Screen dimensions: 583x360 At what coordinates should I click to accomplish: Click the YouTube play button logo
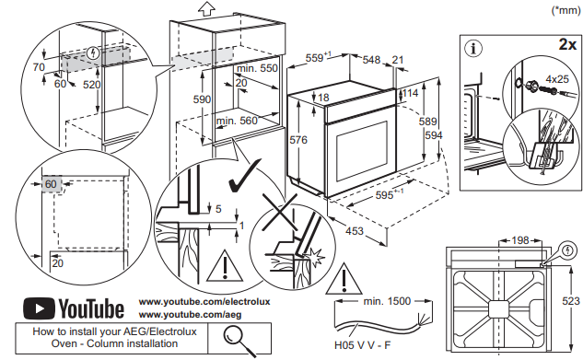(x=39, y=308)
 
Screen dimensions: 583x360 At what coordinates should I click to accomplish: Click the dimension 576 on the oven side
(x=298, y=140)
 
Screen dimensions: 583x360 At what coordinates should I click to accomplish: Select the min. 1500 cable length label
(x=387, y=300)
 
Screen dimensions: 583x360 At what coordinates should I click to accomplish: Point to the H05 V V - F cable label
(x=363, y=345)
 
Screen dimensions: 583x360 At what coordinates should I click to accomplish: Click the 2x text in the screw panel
(x=567, y=44)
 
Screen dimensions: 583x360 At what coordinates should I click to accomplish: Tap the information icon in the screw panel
(x=473, y=49)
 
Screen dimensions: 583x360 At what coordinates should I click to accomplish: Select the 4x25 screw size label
(x=557, y=79)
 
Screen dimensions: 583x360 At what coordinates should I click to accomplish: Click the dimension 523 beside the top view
(x=571, y=301)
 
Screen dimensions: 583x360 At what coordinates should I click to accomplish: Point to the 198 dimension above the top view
(x=520, y=240)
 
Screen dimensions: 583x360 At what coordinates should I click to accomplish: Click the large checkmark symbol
(x=244, y=176)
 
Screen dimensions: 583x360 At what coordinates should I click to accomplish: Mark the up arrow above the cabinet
(x=206, y=8)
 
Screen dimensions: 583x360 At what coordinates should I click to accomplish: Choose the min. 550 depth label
(x=257, y=68)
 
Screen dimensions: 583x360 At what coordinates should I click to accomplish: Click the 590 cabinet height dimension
(x=202, y=99)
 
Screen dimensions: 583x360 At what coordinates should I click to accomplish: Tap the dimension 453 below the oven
(x=355, y=231)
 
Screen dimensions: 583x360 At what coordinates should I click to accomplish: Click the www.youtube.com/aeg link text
(x=190, y=315)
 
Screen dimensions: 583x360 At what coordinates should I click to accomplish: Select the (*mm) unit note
(x=566, y=10)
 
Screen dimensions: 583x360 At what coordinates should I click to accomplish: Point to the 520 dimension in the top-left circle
(x=91, y=85)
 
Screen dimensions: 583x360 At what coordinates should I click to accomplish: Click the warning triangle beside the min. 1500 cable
(x=344, y=279)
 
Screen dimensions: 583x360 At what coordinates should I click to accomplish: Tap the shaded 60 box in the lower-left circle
(x=52, y=184)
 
